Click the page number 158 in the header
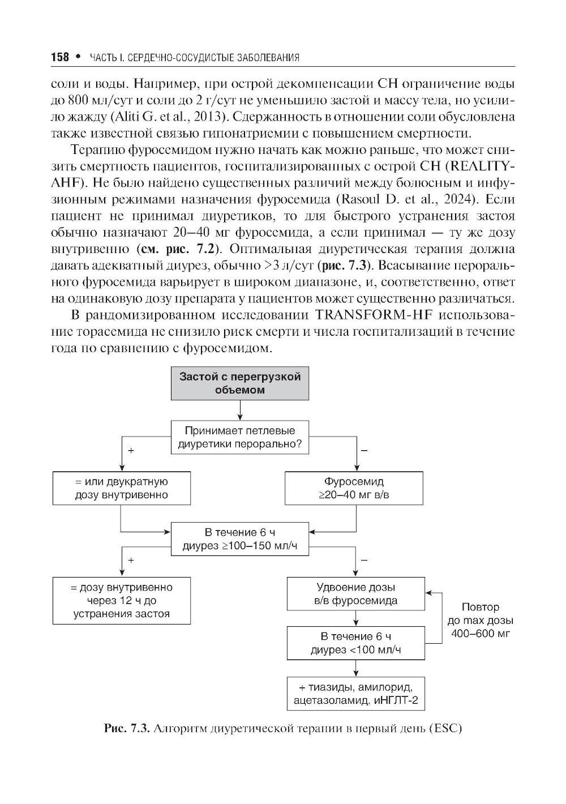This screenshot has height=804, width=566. click(x=59, y=57)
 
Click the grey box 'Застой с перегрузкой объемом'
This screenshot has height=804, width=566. click(x=240, y=383)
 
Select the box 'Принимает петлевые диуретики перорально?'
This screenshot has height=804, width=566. click(x=241, y=437)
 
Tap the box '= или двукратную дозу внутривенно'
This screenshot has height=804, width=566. click(x=121, y=488)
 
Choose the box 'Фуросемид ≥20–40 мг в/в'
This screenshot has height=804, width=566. click(x=354, y=488)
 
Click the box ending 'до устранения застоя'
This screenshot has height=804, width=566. click(x=121, y=600)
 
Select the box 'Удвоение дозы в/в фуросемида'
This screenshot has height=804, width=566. click(x=355, y=594)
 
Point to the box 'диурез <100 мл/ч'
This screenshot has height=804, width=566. click(x=355, y=643)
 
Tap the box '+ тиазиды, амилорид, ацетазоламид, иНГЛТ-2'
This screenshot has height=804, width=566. click(x=355, y=694)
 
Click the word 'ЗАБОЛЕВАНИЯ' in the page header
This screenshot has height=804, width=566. click(x=271, y=58)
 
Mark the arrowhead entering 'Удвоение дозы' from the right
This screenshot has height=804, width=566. click(x=428, y=593)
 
